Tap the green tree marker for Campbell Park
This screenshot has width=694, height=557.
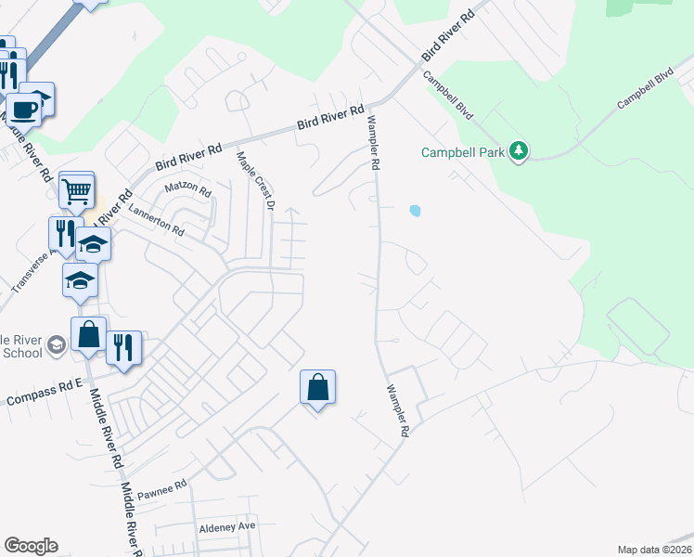click(x=520, y=151)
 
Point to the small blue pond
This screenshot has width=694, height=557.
click(x=415, y=211)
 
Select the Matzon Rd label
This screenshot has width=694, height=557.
click(x=187, y=188)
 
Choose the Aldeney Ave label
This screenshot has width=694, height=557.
click(x=227, y=526)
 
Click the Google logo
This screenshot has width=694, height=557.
click(x=31, y=546)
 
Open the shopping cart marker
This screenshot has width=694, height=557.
click(x=77, y=191)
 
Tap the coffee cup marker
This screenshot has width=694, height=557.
click(x=24, y=110)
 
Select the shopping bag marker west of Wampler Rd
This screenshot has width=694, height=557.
click(x=317, y=387)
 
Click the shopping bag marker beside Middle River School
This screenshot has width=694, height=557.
click(x=89, y=334)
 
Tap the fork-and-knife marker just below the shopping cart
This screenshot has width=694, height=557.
click(x=64, y=232)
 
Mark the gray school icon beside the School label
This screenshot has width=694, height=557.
click(x=56, y=346)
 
